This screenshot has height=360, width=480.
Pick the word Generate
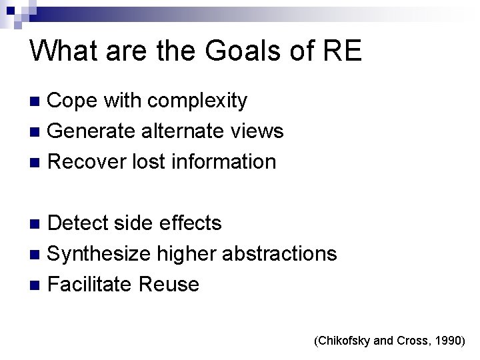tap(93, 131)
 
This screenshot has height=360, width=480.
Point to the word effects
tap(191, 223)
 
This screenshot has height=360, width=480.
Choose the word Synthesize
tap(100, 254)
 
